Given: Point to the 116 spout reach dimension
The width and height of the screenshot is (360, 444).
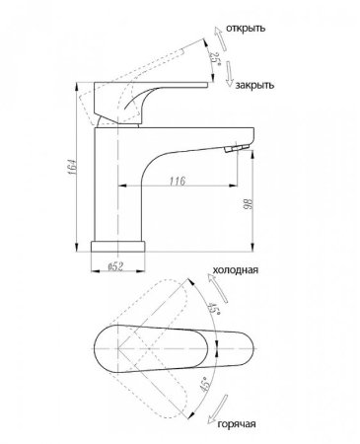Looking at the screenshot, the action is click(178, 181).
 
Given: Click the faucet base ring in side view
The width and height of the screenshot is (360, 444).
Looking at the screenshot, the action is click(117, 244).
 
